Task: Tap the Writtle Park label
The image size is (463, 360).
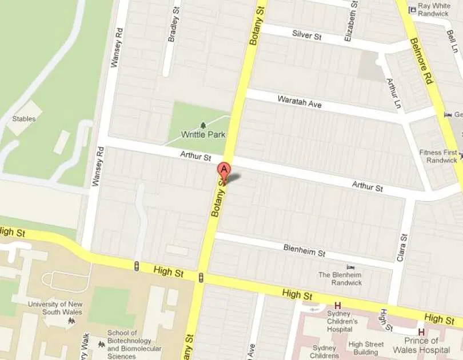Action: click(x=203, y=135)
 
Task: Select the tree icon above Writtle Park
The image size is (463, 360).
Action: click(x=203, y=125)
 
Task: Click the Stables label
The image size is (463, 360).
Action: click(x=24, y=119)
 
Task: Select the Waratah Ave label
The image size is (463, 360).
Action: click(x=300, y=102)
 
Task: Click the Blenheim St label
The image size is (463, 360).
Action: click(x=304, y=250)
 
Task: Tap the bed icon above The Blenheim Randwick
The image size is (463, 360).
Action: click(x=350, y=267)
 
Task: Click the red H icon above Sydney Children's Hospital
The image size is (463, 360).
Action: click(x=338, y=305)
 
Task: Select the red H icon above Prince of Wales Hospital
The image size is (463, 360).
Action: click(x=421, y=331)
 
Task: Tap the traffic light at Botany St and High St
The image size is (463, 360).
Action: click(x=201, y=277)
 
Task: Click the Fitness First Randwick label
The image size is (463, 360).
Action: click(x=438, y=157)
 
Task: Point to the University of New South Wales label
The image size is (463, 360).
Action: click(x=55, y=308)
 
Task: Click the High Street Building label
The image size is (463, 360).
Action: click(x=366, y=348)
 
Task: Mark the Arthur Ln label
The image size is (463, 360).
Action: click(x=392, y=93)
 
